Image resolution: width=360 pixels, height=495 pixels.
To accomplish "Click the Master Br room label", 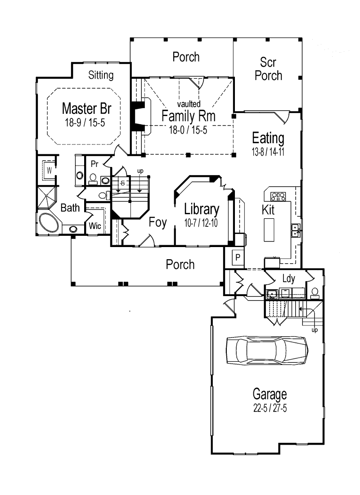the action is pyautogui.click(x=86, y=108).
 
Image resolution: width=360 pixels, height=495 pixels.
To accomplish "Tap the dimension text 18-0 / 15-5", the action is pyautogui.click(x=188, y=130).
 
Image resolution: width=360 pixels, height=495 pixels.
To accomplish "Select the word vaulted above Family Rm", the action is pyautogui.click(x=189, y=103).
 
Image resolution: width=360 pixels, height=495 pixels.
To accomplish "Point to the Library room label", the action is pyautogui.click(x=202, y=209).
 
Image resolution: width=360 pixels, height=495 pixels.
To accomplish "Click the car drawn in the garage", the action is pyautogui.click(x=267, y=351).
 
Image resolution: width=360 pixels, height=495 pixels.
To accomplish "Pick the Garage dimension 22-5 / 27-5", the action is pyautogui.click(x=270, y=408).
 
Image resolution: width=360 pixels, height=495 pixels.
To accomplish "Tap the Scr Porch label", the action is pyautogui.click(x=268, y=69).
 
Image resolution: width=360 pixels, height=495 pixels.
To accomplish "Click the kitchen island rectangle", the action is pyautogui.click(x=269, y=229).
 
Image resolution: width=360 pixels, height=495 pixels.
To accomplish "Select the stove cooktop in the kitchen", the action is pyautogui.click(x=278, y=197).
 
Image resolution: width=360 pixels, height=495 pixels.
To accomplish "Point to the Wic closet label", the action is pyautogui.click(x=95, y=226).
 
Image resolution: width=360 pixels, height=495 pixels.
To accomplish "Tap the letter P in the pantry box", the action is pyautogui.click(x=238, y=257).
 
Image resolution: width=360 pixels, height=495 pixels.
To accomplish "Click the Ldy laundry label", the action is pyautogui.click(x=288, y=279).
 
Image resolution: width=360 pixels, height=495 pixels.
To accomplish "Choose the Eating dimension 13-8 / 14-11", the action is pyautogui.click(x=268, y=152).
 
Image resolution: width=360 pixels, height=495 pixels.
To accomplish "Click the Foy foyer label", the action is pyautogui.click(x=157, y=222).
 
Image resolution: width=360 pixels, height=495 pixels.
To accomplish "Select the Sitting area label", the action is pyautogui.click(x=101, y=75).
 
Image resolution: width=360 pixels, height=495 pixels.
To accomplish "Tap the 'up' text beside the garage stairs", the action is pyautogui.click(x=315, y=330).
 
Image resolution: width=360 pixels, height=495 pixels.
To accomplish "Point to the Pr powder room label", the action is pyautogui.click(x=94, y=164).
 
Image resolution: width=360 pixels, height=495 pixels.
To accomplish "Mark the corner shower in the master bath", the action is pyautogui.click(x=47, y=197).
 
